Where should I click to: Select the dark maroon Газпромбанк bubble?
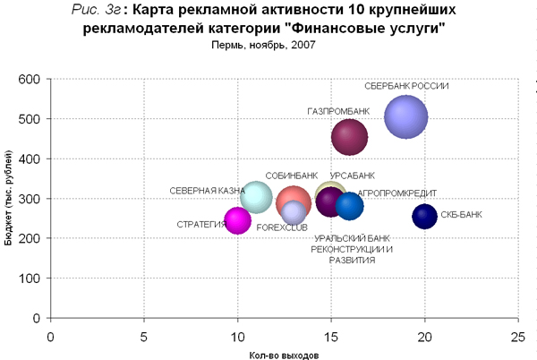349,137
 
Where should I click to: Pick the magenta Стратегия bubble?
237,219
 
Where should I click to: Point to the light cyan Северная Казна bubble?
256,198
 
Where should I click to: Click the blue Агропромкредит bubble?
349,207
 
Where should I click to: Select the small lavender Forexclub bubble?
294,213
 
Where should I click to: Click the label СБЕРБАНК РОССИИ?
406,87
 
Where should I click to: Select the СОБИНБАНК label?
292,176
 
